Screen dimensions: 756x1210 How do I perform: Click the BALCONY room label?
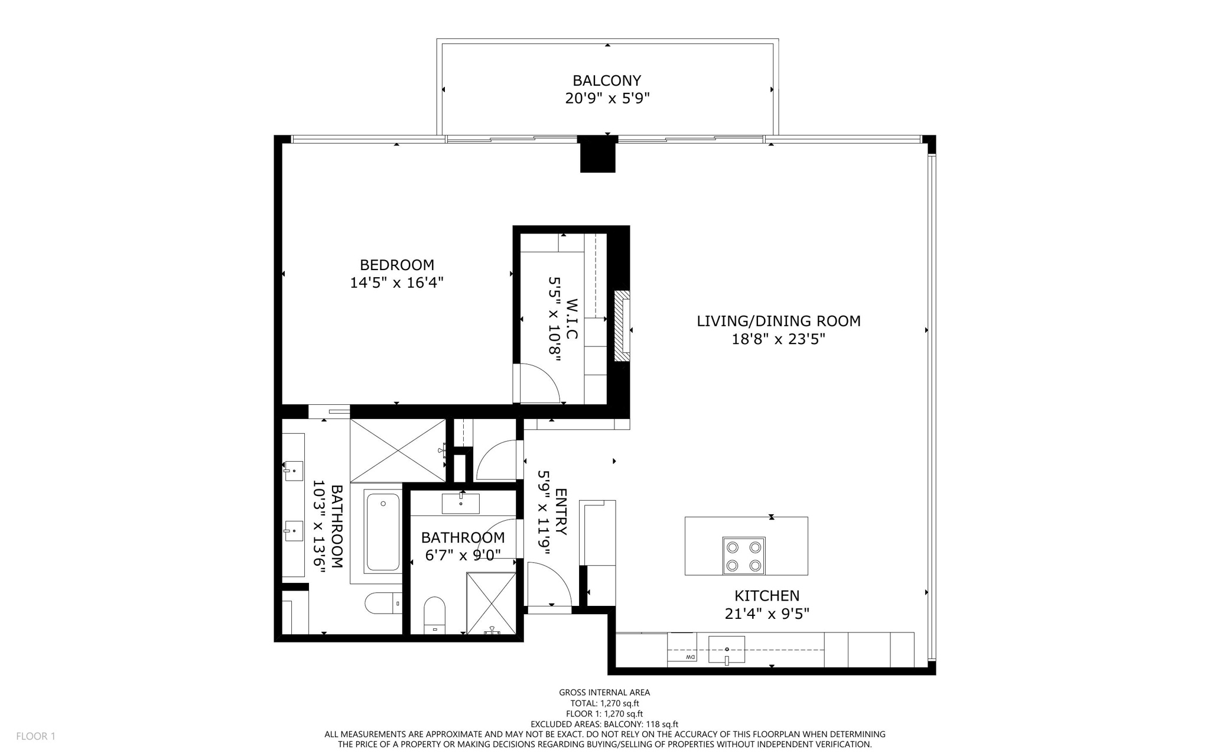tap(607, 80)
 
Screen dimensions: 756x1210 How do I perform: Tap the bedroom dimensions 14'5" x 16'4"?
tap(396, 283)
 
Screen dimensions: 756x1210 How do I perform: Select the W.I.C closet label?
tap(571, 319)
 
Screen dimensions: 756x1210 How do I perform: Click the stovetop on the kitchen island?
tap(743, 556)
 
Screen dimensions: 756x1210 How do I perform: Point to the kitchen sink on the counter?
tap(727, 650)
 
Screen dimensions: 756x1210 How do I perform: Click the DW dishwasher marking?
tap(689, 657)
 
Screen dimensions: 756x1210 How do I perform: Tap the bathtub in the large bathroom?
tap(382, 532)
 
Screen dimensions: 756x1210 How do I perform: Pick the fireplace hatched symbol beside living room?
tap(622, 326)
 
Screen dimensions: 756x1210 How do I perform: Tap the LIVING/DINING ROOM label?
tap(778, 321)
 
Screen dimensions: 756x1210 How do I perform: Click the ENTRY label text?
tap(561, 511)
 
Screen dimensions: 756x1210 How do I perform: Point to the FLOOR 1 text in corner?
tap(35, 736)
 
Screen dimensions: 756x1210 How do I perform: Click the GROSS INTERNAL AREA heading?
tap(604, 692)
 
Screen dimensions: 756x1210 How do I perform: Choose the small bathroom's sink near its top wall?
tap(461, 504)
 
